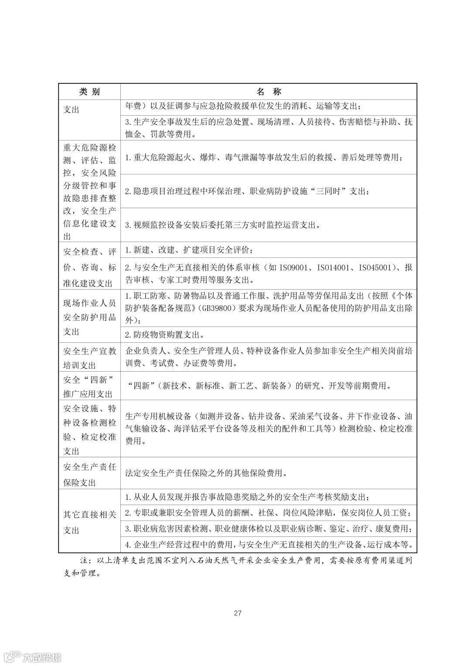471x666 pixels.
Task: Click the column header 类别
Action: tap(89, 92)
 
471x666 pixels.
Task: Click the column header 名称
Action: tap(269, 92)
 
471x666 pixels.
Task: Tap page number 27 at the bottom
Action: tap(238, 613)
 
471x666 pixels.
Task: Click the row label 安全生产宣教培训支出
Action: tap(89, 358)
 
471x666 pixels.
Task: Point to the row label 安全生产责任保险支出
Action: tap(89, 475)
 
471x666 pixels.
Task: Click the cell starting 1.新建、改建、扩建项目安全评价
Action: tap(188, 250)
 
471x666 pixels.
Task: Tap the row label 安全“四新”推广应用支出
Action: tap(89, 386)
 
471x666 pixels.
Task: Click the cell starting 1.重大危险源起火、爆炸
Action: tap(264, 157)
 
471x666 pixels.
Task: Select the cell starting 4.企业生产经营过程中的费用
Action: tap(268, 545)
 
